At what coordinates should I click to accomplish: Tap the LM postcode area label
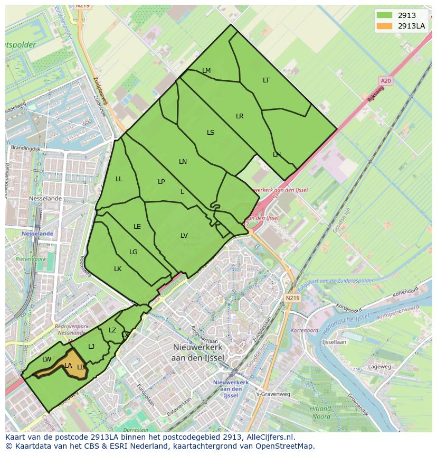click(206, 71)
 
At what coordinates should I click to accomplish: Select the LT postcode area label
click(266, 80)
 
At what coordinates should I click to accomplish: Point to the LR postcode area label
click(240, 116)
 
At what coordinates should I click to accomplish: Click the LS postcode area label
click(211, 133)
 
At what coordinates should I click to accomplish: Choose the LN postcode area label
click(183, 162)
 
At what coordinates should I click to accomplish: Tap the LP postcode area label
click(161, 182)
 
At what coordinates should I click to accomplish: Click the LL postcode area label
click(119, 179)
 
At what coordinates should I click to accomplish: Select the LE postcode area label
click(137, 227)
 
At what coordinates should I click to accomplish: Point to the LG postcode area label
click(133, 252)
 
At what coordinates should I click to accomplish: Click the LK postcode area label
click(118, 269)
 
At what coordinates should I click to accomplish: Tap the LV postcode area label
click(184, 236)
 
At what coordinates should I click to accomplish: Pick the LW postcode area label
click(47, 359)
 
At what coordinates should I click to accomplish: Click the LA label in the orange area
click(68, 365)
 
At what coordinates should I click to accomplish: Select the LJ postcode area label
click(91, 347)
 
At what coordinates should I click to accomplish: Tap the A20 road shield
click(386, 80)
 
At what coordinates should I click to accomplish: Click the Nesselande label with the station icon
click(37, 233)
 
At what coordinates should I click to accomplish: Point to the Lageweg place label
click(379, 366)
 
